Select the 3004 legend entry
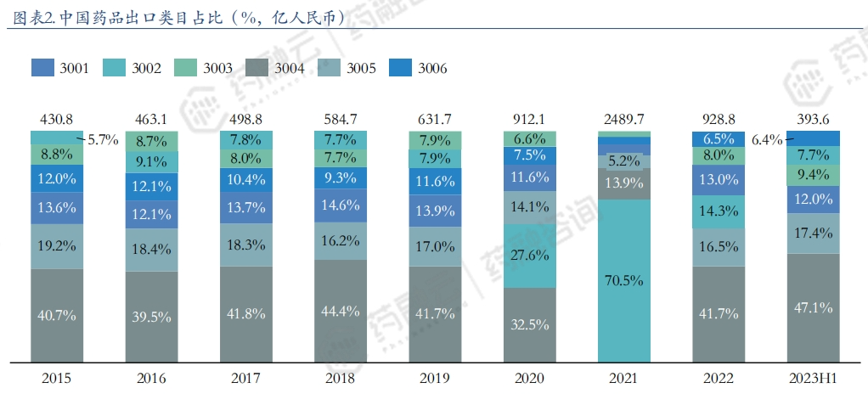point(256,68)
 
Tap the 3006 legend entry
point(400,68)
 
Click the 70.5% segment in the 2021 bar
point(624,279)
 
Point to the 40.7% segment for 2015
point(57,315)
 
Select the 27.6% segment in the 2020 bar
point(530,256)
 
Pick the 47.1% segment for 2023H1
point(813,307)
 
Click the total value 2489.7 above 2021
point(624,118)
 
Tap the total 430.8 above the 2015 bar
point(57,118)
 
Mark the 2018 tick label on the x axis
point(341,379)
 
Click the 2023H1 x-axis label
point(813,379)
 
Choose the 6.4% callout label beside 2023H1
point(767,140)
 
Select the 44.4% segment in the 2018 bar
point(341,311)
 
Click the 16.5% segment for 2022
point(719,246)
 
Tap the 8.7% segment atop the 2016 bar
point(151,141)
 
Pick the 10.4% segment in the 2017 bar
point(246,179)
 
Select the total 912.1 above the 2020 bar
point(530,118)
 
